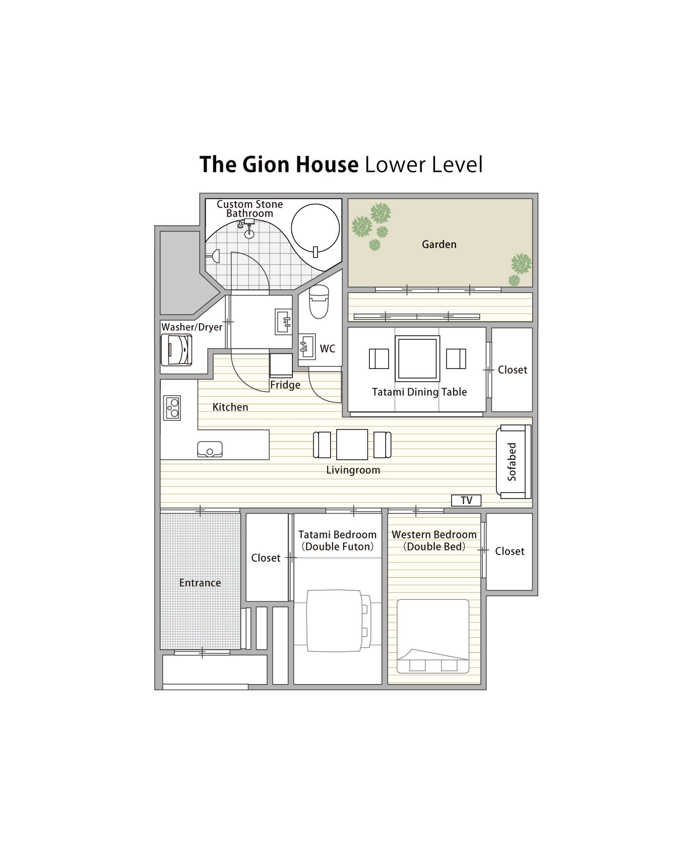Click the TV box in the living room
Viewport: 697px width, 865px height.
(466, 500)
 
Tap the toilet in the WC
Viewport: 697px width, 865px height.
(319, 301)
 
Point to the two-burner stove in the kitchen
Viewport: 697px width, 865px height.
(172, 408)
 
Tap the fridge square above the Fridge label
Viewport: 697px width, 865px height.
(281, 365)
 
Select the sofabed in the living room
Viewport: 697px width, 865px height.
(514, 461)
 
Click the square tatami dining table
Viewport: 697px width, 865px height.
(417, 358)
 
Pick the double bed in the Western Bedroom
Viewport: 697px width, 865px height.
(433, 636)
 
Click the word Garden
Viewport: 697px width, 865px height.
(439, 244)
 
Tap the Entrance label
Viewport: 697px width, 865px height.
(200, 583)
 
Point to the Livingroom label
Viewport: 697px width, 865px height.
(353, 470)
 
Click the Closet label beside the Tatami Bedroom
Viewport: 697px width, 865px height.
(266, 558)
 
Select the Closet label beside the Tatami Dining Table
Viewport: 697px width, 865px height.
(512, 370)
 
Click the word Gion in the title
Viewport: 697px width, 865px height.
(268, 164)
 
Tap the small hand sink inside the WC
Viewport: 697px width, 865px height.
(306, 347)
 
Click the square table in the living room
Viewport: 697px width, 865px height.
(352, 444)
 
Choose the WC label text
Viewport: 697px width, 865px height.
(328, 349)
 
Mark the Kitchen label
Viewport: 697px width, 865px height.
(230, 407)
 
